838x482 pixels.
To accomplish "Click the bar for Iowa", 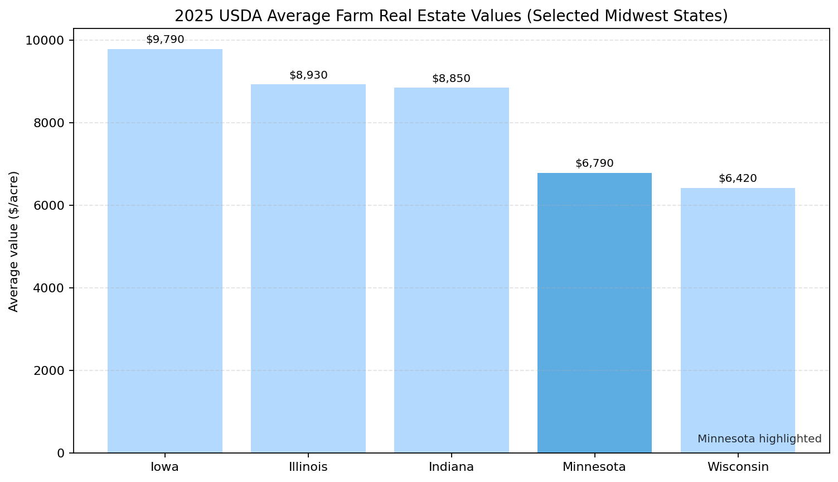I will point(165,251).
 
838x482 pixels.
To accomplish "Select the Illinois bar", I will point(308,268).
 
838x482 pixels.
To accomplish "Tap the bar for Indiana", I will point(452,270).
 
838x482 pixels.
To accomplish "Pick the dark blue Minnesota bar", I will point(594,312).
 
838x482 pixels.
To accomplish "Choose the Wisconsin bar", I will point(738,320).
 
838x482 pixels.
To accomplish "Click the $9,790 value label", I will point(165,40).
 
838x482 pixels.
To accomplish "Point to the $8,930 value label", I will point(308,75).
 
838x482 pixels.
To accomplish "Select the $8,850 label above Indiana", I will point(452,79).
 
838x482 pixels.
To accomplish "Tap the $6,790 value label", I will point(594,163).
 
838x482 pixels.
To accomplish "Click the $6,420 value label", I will point(738,179).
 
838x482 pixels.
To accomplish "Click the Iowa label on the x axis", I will point(165,467).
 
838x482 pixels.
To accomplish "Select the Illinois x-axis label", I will point(308,467).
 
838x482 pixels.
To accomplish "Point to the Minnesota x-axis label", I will point(594,467).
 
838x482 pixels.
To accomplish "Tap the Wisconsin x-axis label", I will point(738,467).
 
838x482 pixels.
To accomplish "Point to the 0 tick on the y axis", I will point(61,453).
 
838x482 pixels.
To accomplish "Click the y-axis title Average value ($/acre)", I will point(14,242).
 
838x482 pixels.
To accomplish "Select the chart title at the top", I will point(451,16).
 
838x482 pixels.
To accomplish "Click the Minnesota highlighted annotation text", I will point(759,439).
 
